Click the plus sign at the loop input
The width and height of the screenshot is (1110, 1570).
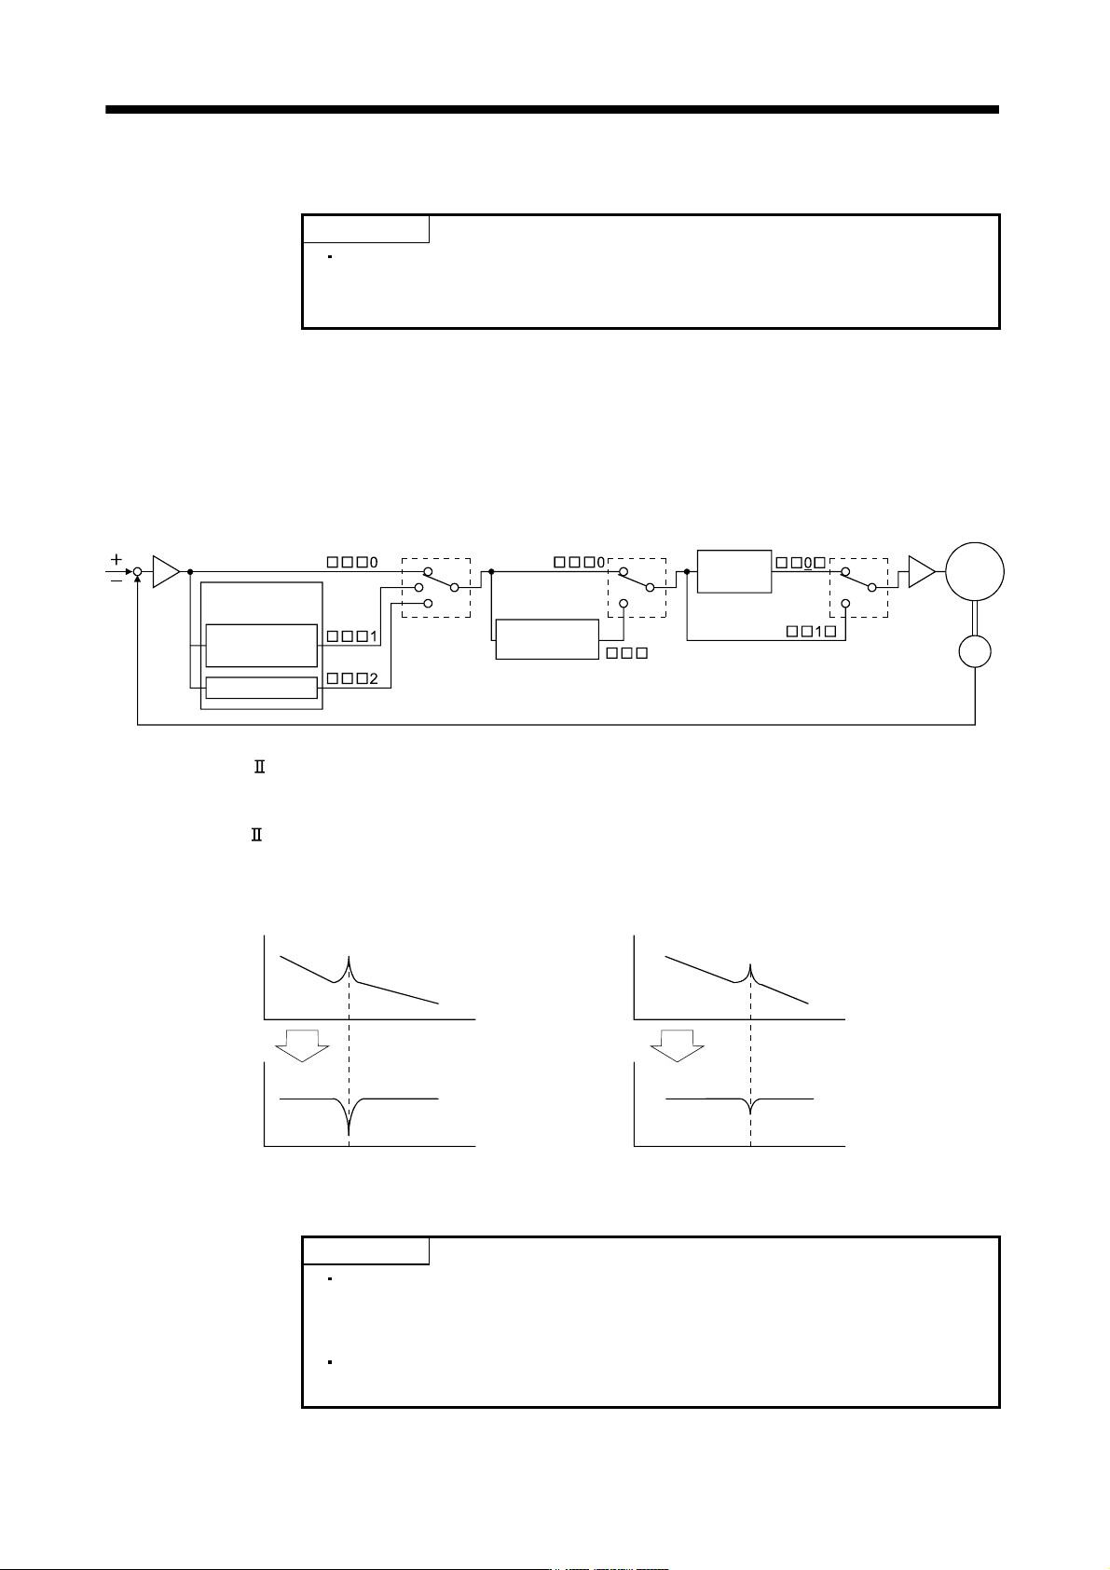(116, 559)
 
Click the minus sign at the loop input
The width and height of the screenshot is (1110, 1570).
(116, 580)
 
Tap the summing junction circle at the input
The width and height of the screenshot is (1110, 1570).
(137, 572)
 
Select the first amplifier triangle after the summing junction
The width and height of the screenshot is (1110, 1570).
(166, 572)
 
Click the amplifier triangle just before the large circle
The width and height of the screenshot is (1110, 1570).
(922, 572)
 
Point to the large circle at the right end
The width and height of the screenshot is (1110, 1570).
(975, 572)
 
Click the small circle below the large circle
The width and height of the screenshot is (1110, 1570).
(975, 652)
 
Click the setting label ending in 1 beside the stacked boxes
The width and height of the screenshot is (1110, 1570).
(352, 636)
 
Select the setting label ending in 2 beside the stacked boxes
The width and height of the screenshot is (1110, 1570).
(352, 678)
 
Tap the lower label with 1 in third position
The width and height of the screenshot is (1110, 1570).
(811, 632)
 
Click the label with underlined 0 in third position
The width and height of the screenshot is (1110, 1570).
(801, 563)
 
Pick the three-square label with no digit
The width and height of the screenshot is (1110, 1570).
(627, 653)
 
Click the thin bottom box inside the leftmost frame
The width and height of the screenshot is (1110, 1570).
(262, 688)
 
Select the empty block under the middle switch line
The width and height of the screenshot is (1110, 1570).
(547, 639)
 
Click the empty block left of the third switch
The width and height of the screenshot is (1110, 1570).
(734, 571)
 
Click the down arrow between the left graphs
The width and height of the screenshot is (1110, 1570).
(302, 1045)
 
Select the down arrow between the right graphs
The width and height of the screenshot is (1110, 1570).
(678, 1045)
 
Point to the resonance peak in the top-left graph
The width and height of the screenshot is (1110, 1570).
(349, 959)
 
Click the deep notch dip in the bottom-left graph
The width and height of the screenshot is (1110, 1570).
(349, 1131)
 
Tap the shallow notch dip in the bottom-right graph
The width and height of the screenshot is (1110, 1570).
(750, 1111)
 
